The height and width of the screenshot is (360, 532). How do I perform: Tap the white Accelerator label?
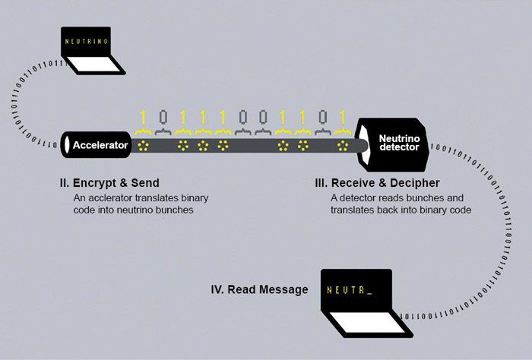100,144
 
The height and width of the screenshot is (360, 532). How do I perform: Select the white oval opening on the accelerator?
68,144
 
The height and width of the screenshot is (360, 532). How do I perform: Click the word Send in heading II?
145,183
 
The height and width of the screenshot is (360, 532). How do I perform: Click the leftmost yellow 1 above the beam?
141,118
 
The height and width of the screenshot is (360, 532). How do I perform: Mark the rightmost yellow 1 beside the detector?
343,118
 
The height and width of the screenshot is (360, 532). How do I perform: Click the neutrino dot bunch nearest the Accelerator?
141,144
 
